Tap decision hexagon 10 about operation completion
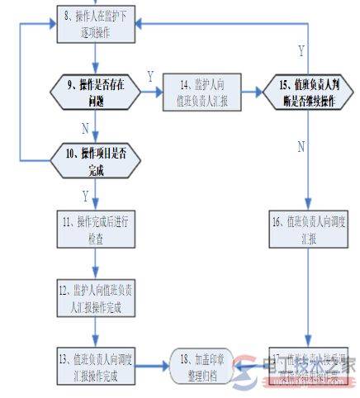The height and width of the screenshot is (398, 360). pos(97,158)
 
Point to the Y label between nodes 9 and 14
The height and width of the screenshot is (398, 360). pos(150,76)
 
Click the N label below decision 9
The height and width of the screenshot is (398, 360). pos(85,129)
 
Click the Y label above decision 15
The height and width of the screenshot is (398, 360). pos(301,50)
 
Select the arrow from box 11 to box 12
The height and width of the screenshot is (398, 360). pos(97,264)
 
